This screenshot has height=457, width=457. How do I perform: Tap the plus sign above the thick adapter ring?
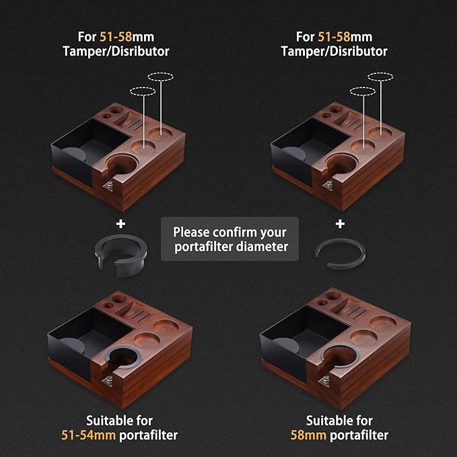pos(121,223)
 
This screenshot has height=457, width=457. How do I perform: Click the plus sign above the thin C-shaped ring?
pos(341,223)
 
